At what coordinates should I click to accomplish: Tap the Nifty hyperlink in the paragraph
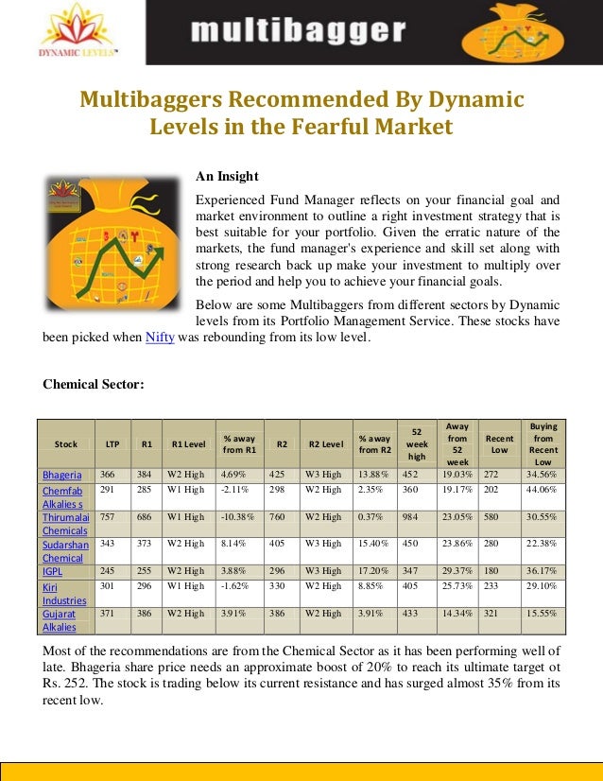click(x=159, y=338)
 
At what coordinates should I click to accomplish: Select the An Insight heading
click(x=227, y=176)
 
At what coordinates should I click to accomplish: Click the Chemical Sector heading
click(x=94, y=384)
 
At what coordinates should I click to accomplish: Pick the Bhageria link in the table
click(x=62, y=475)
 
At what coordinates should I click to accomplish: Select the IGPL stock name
click(x=55, y=571)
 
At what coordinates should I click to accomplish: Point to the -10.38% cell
click(x=237, y=518)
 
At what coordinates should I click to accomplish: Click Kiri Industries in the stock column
click(x=64, y=592)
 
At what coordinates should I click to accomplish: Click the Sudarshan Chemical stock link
click(x=64, y=551)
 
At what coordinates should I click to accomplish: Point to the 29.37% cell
click(x=457, y=571)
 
